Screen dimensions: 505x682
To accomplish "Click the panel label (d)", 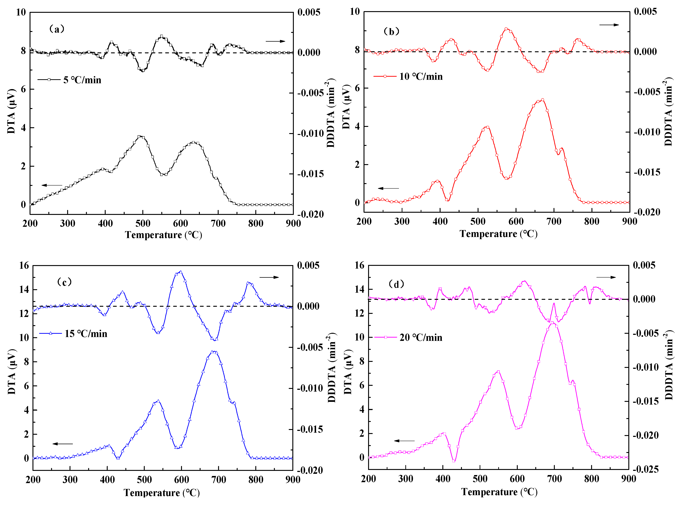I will coord(396,284).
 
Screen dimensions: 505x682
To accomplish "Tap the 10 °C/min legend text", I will coord(421,76).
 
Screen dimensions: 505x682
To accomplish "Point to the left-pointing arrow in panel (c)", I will coord(63,443).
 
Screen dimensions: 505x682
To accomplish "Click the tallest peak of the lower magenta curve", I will coord(552,323).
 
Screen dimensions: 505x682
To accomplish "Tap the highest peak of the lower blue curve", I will coord(213,352).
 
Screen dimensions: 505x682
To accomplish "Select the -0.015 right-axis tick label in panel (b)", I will coord(647,172).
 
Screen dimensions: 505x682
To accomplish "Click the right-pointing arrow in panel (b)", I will coord(609,25).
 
